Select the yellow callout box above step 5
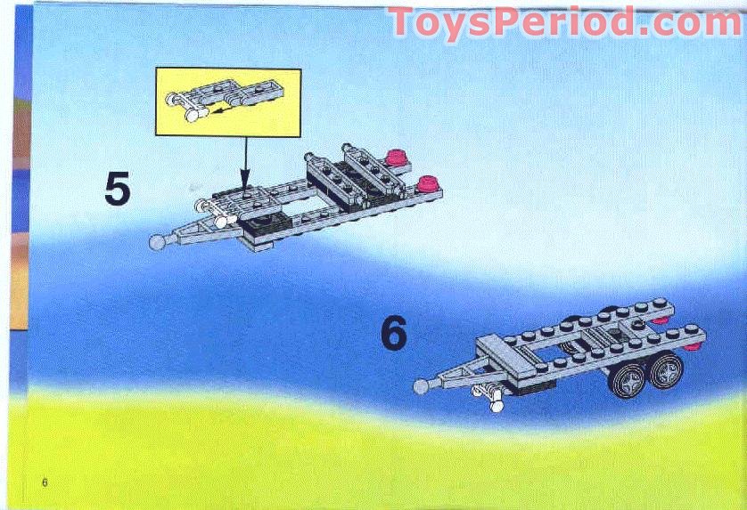pos(228,101)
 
